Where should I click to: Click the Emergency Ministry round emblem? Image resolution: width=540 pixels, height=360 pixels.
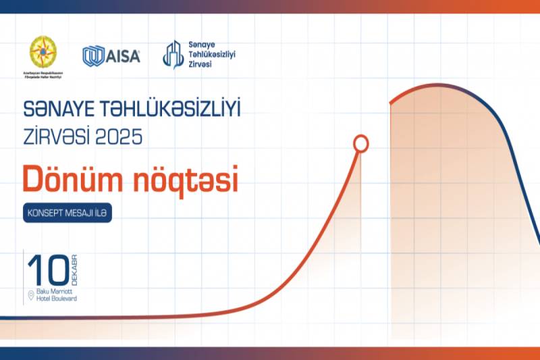pos(43,51)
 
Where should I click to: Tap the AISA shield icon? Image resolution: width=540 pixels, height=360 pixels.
pos(92,56)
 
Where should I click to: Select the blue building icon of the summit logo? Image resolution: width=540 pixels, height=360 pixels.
pos(173,54)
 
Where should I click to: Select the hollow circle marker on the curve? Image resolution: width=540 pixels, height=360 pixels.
pos(361,143)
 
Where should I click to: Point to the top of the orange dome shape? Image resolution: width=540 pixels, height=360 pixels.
pos(439,86)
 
